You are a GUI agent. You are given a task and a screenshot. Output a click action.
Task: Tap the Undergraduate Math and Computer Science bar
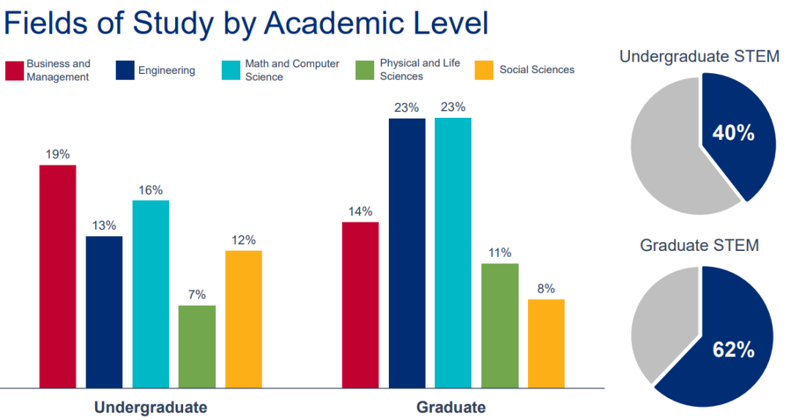(x=151, y=293)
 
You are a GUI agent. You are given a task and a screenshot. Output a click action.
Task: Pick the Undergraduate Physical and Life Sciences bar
(x=197, y=345)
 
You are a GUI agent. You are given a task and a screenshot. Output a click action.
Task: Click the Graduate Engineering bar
(x=407, y=252)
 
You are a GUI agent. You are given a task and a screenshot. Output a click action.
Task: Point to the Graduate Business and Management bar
(x=360, y=304)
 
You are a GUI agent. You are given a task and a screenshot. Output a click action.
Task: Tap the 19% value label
(x=58, y=154)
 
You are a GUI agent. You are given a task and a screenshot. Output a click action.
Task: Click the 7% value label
(x=197, y=294)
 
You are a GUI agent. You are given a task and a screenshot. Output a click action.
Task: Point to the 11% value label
(x=500, y=253)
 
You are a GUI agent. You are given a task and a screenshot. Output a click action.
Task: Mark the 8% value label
(x=546, y=288)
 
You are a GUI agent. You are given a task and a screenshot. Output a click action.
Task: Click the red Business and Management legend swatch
(x=15, y=70)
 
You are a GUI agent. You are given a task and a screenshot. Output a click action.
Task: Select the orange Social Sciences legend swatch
(x=485, y=70)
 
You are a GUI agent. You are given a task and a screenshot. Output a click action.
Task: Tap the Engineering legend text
(x=166, y=70)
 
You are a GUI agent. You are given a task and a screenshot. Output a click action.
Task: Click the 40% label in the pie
(x=734, y=132)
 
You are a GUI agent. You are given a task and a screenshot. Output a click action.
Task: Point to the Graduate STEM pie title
(x=699, y=245)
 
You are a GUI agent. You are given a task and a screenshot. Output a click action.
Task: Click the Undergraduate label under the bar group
(x=150, y=407)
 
